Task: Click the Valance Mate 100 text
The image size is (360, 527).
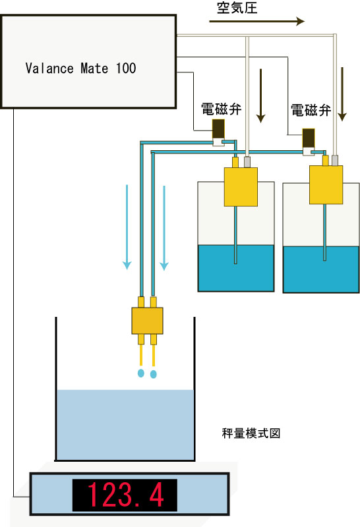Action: [x=80, y=69]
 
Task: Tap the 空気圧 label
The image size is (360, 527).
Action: [x=237, y=8]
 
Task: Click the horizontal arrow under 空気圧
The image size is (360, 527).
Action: [x=256, y=21]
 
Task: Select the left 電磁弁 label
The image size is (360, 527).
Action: [x=221, y=109]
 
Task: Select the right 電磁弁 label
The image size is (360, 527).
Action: [x=311, y=110]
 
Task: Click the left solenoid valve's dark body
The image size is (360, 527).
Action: [x=218, y=128]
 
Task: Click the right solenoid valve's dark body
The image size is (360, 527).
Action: [x=309, y=138]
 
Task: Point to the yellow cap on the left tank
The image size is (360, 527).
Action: [x=241, y=186]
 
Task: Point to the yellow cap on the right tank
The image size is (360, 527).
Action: [x=326, y=184]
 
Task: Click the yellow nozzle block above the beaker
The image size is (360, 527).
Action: [x=148, y=321]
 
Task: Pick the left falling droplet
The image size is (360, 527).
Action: [x=141, y=373]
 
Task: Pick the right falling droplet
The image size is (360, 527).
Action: [x=154, y=374]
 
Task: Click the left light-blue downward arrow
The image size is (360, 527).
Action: [x=127, y=227]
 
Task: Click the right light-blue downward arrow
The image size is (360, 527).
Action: [x=164, y=228]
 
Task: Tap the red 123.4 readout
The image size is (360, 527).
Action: [x=125, y=495]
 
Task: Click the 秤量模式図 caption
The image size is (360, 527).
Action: [x=251, y=433]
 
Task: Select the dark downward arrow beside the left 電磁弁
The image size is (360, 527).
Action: [x=260, y=96]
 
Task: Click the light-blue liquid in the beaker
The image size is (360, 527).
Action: [x=125, y=425]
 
